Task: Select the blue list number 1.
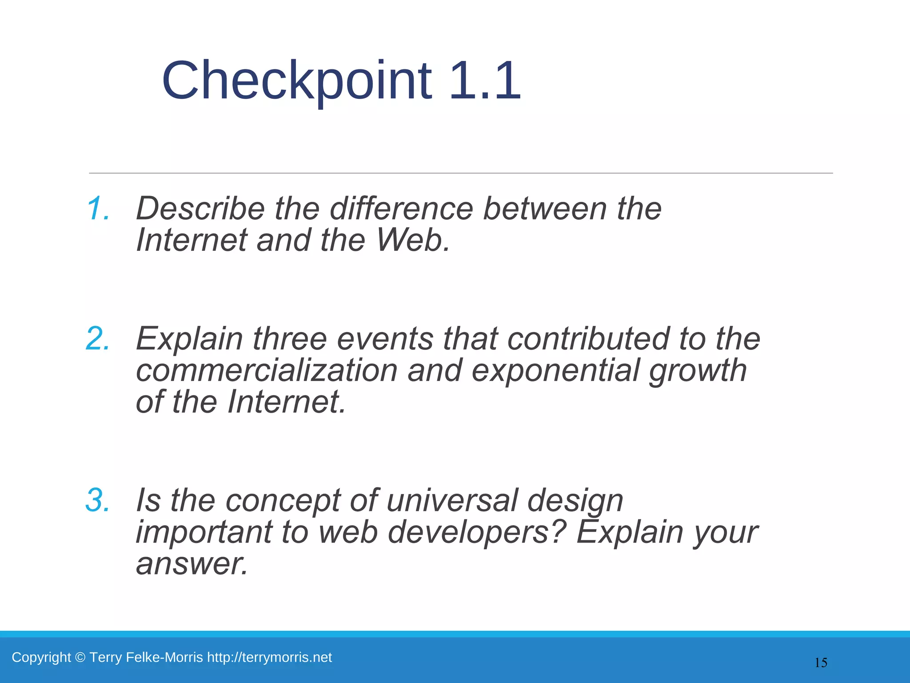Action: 98,208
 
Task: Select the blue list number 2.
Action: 97,338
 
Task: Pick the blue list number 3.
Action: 97,500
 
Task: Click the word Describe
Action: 200,208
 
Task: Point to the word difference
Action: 401,208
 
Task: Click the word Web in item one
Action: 413,240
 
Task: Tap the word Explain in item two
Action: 189,338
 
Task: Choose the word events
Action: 385,338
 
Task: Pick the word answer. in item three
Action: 192,564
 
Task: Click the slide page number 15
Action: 821,663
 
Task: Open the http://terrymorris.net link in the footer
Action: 269,657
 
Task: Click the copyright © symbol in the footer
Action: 80,657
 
